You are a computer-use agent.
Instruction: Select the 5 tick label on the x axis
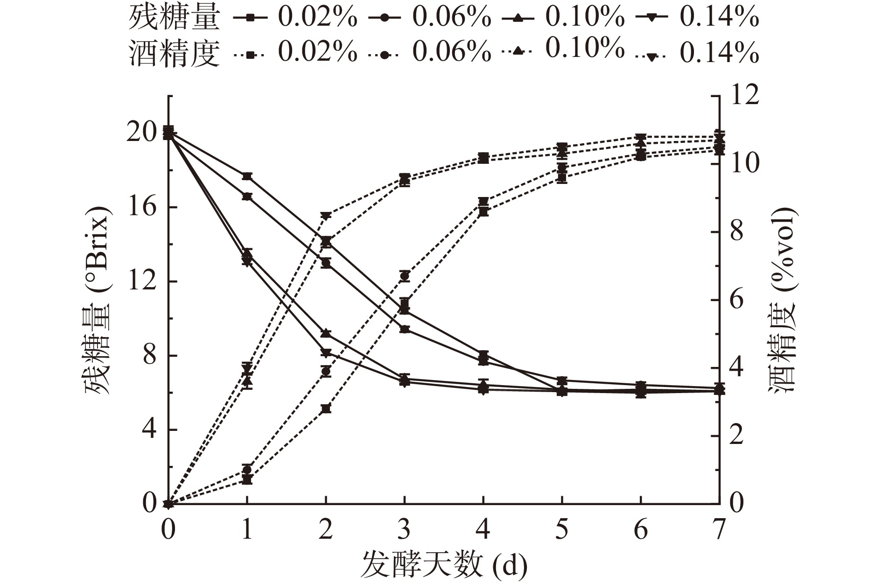coord(562,530)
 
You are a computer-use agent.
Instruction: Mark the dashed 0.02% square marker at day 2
coord(326,409)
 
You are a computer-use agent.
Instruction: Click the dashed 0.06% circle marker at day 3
coord(405,276)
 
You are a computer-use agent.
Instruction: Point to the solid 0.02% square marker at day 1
coord(247,176)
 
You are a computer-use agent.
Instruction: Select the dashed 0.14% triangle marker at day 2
coord(326,216)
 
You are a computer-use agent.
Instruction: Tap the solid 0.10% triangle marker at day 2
coord(326,333)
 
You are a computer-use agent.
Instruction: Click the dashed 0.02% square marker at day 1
coord(247,480)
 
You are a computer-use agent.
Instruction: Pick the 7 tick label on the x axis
coord(720,530)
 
